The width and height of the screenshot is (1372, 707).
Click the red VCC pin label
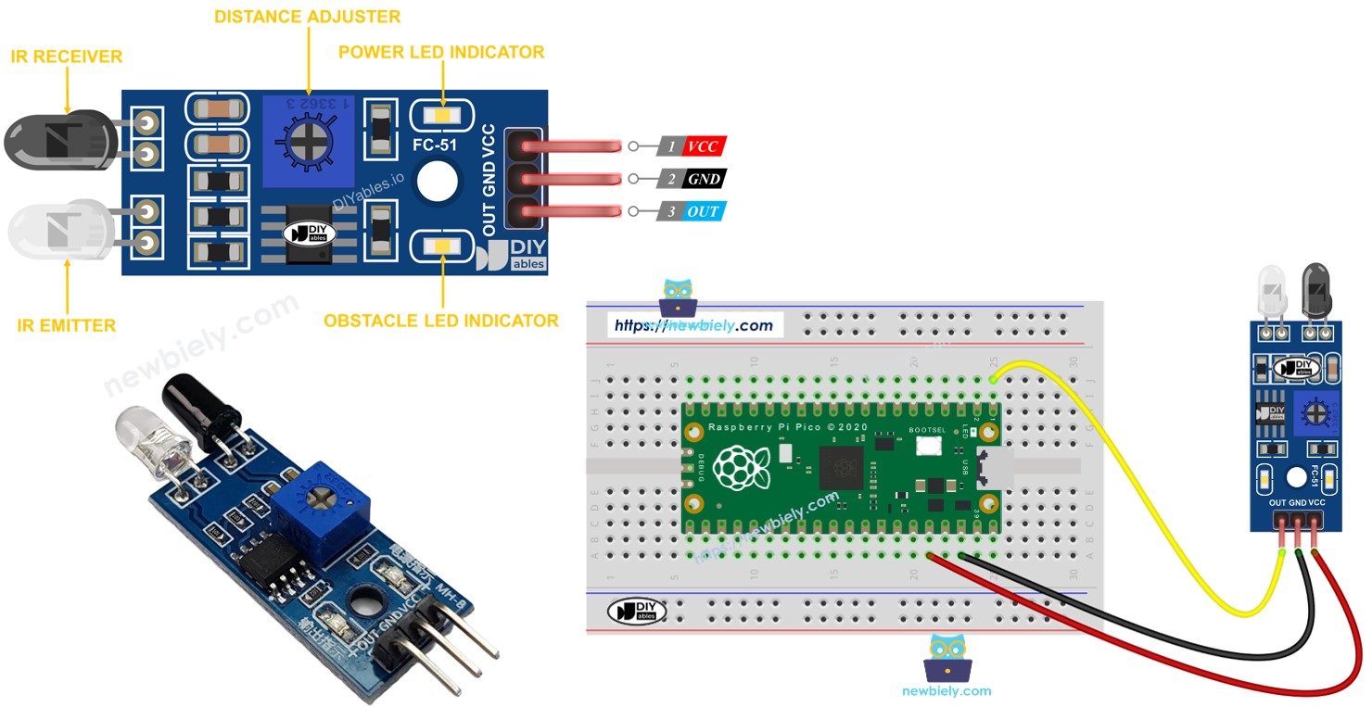[703, 146]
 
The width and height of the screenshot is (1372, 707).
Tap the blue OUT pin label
[703, 212]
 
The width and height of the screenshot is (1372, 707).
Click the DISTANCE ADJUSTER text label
[307, 17]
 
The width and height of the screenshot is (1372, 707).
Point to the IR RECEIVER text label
[67, 57]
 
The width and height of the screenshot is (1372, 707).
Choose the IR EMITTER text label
[67, 326]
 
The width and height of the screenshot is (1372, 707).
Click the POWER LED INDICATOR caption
[441, 52]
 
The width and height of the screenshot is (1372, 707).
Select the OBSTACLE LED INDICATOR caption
[440, 322]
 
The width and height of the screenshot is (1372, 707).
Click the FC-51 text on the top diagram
[435, 145]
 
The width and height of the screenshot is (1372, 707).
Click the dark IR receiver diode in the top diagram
[56, 139]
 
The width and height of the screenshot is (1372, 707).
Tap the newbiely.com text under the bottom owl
[946, 691]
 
